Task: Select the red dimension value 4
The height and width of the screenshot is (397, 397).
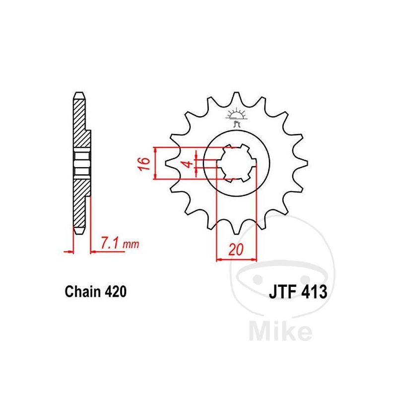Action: (x=188, y=164)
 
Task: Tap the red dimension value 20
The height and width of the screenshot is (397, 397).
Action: (x=236, y=250)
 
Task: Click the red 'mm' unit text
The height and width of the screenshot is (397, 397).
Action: (x=131, y=244)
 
